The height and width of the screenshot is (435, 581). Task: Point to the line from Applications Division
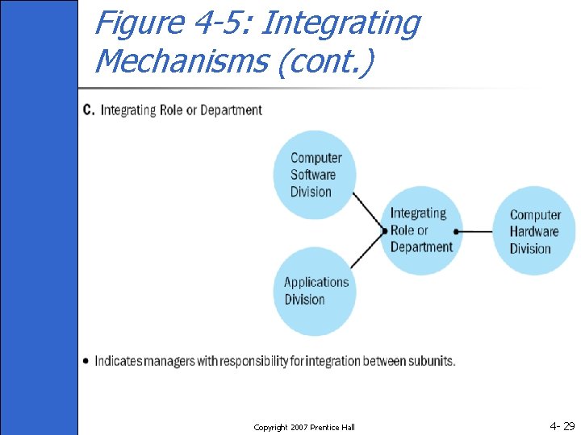[x=368, y=251]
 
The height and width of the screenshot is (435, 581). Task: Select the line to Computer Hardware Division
[x=476, y=231]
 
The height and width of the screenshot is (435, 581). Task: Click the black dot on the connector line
[x=456, y=231]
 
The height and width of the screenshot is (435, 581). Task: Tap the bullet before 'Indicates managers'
[x=86, y=361]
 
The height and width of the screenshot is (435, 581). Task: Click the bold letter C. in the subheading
[x=88, y=110]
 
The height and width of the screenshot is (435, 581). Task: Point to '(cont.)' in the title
[x=325, y=61]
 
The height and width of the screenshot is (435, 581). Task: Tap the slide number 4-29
[x=562, y=425]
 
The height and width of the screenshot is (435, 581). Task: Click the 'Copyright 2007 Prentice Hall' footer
[x=304, y=427]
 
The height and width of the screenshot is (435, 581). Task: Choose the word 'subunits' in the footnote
[x=432, y=361]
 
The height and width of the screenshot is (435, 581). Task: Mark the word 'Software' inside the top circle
[x=313, y=175]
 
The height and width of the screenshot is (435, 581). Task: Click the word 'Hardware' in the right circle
[x=534, y=232]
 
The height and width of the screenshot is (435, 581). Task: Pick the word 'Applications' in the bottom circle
[x=316, y=282]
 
